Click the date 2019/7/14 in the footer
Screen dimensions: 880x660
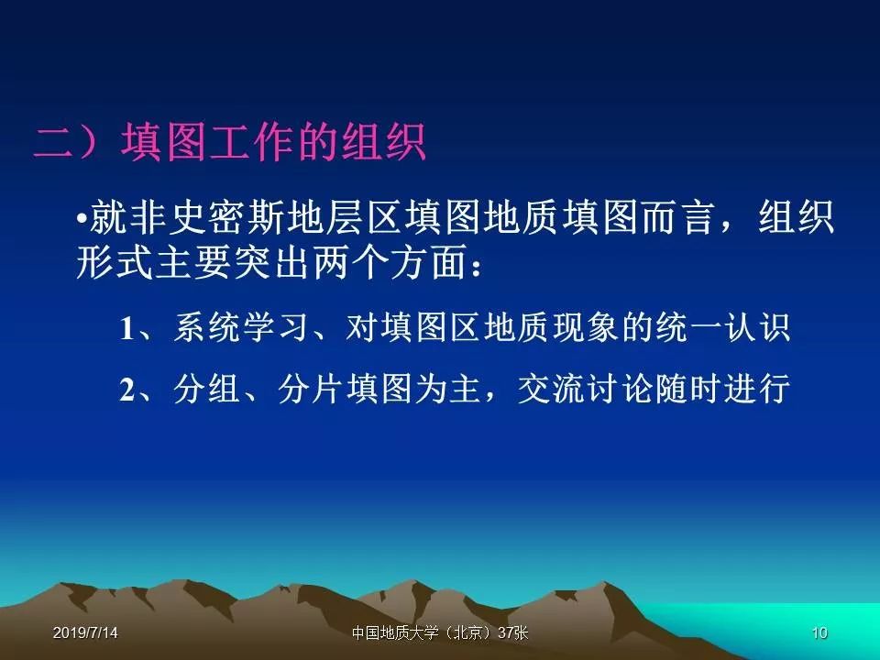[85, 632]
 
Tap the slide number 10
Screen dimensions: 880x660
[819, 632]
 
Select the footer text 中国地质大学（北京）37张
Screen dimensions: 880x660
[440, 632]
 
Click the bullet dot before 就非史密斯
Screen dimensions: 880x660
[82, 217]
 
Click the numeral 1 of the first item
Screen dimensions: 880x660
[127, 328]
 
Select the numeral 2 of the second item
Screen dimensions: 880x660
[127, 389]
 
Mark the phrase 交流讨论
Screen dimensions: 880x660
[586, 389]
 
